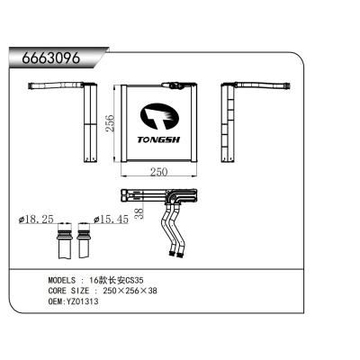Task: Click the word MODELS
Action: (65, 281)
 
